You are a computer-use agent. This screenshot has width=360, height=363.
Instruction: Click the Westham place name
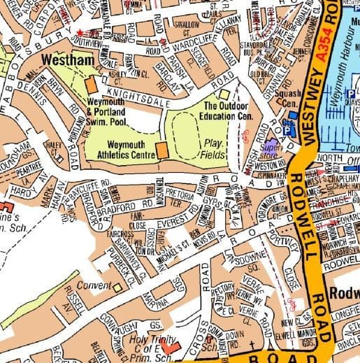pos(67,61)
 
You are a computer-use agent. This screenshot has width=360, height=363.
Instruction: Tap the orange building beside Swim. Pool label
pos(91,85)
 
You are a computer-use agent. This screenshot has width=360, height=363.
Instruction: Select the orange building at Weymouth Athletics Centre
pos(161,150)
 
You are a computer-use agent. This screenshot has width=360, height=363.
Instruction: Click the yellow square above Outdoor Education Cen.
pos(224,94)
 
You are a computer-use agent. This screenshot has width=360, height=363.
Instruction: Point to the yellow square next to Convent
pos(117,287)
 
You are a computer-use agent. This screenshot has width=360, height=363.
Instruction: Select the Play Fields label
pos(213,146)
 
